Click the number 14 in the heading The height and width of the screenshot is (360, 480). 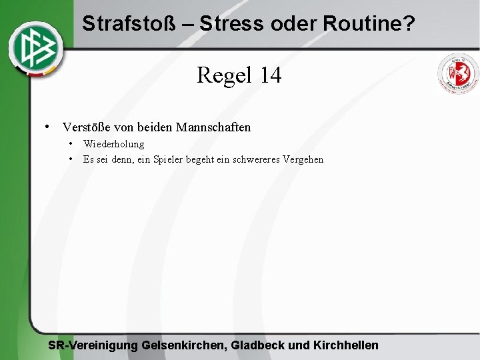[x=271, y=75]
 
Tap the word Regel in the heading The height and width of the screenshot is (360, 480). [x=224, y=75]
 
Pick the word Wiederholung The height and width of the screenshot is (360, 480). [x=113, y=144]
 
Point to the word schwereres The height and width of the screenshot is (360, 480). [x=256, y=159]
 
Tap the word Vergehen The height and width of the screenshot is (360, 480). [x=303, y=159]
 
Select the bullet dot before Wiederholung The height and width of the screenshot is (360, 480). [x=70, y=143]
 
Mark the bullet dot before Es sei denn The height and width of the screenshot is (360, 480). [x=70, y=159]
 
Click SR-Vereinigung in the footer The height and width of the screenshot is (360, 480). [x=93, y=345]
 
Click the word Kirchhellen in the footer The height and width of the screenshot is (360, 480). [x=346, y=345]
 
